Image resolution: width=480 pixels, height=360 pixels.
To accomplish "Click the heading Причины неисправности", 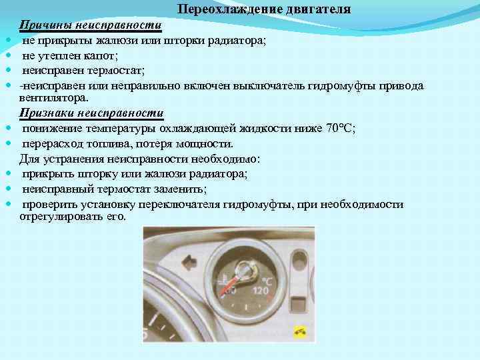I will pos(91,25).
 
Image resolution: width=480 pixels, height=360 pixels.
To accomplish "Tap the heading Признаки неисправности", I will pos(91,113).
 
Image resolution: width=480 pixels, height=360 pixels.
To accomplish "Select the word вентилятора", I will pos(54,98).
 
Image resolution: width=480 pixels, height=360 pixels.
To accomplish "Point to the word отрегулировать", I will pos(57,217).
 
